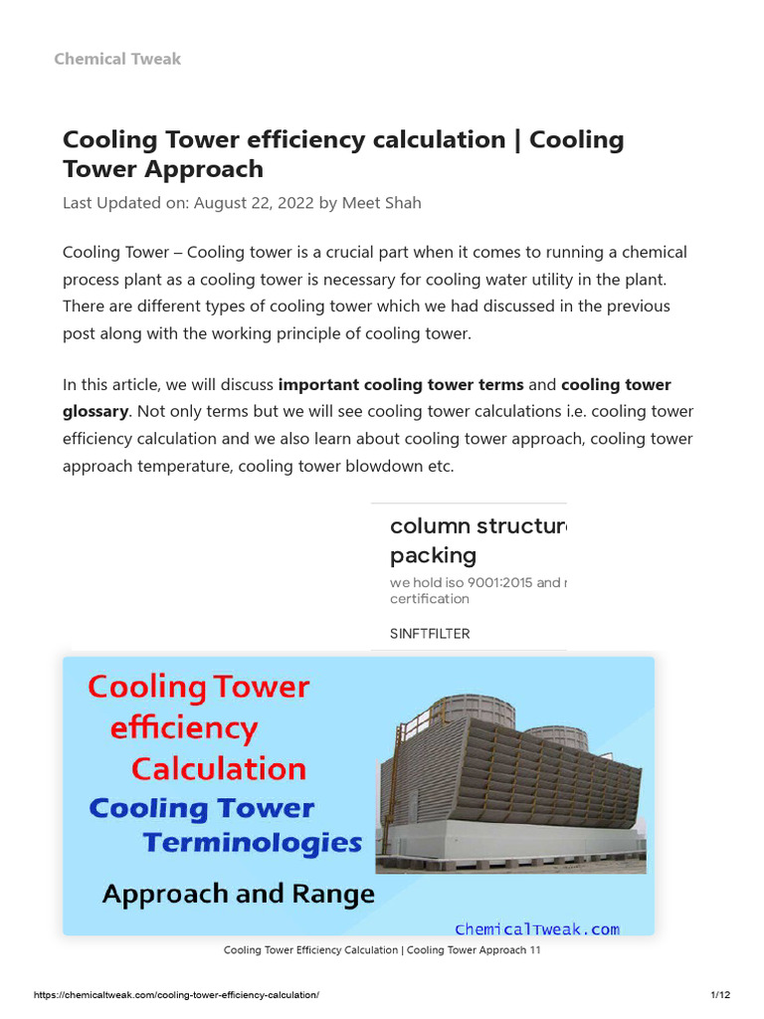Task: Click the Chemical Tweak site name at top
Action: pos(117,59)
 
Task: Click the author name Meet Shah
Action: pos(382,203)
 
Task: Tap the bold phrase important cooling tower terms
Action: pos(400,384)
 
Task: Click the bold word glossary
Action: pos(95,411)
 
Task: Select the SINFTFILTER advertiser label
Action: pos(430,633)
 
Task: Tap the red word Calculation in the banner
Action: pos(219,769)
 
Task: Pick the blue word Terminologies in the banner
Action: pos(252,843)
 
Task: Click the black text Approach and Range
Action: pos(238,894)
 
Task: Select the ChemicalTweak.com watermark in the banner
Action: pos(536,928)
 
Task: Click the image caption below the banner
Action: pos(381,950)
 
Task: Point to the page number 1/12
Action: pos(720,995)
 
